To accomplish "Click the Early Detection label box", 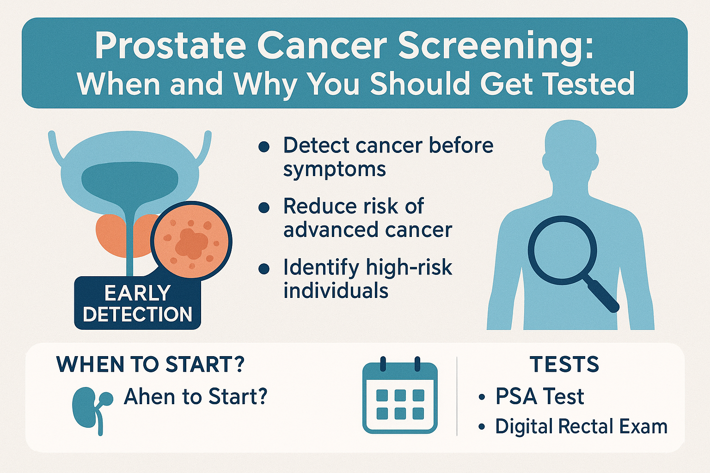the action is point(138,303).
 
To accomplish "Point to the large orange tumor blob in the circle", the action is point(190,243).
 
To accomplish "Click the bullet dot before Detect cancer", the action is point(264,147).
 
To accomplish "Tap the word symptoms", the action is point(334,170).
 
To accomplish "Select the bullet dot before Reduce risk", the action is point(264,208).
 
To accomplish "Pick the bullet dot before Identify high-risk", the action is point(264,269).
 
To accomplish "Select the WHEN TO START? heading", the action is point(150,364).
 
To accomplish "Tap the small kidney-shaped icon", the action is point(92,410).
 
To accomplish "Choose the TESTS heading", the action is point(564,364).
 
